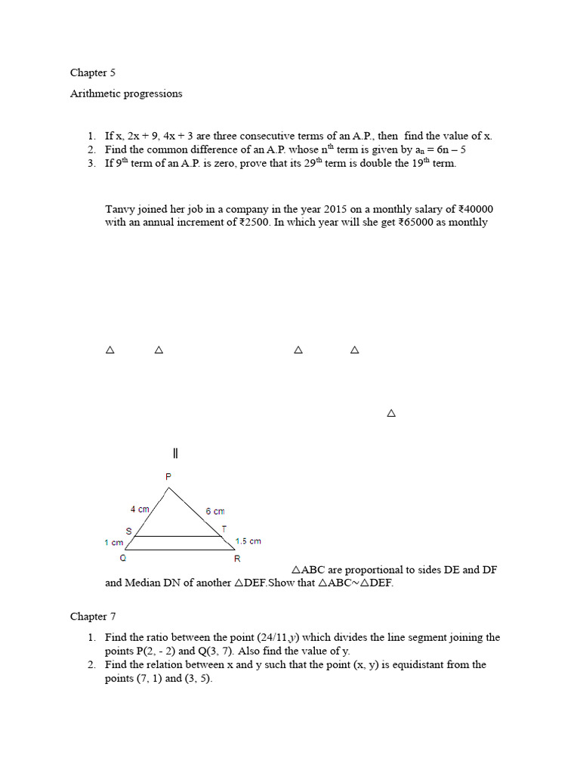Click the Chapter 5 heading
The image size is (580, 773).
pyautogui.click(x=92, y=73)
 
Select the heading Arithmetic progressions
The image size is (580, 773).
pyautogui.click(x=126, y=94)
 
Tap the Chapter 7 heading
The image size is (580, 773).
pyautogui.click(x=92, y=617)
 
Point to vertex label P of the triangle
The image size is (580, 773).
pyautogui.click(x=168, y=476)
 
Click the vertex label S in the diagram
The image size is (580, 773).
pyautogui.click(x=128, y=531)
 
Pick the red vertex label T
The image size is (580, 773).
pyautogui.click(x=224, y=529)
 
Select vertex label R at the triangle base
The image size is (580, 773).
pyautogui.click(x=236, y=559)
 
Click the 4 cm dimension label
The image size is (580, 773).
pyautogui.click(x=139, y=510)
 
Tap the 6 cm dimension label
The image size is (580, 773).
pyautogui.click(x=214, y=512)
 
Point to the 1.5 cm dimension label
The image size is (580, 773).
pyautogui.click(x=248, y=541)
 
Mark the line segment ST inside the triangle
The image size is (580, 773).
pyautogui.click(x=178, y=537)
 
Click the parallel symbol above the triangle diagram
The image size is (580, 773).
pyautogui.click(x=175, y=453)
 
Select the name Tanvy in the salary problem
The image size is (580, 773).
pyautogui.click(x=119, y=209)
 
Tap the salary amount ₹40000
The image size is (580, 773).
pyautogui.click(x=477, y=209)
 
